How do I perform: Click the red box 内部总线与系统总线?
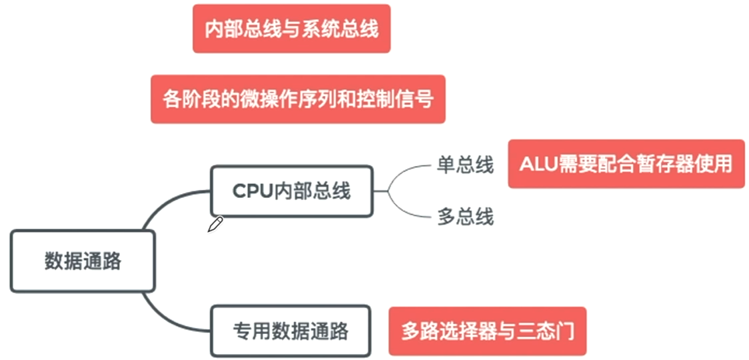(291, 29)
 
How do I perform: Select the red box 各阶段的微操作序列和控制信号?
(298, 99)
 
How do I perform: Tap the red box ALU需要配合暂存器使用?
(626, 164)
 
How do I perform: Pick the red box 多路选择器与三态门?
(488, 331)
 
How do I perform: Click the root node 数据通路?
(83, 261)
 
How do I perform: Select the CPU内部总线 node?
(291, 191)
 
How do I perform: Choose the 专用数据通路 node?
(291, 331)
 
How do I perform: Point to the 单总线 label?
(465, 165)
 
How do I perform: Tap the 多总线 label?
(465, 217)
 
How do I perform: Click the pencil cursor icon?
(215, 224)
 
